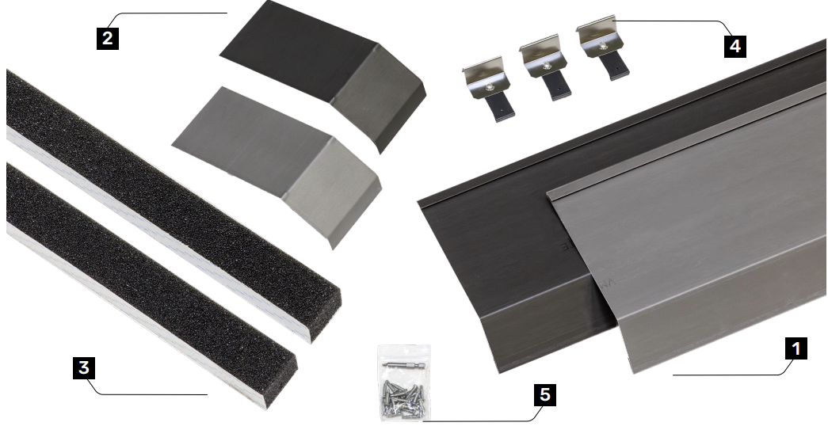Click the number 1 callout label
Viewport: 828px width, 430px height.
tap(796, 348)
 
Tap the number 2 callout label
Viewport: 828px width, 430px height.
tap(108, 38)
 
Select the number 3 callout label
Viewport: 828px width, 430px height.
tap(84, 367)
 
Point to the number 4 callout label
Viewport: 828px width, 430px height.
tap(735, 46)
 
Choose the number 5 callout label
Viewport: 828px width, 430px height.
tap(545, 394)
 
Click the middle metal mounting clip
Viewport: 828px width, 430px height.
tap(547, 67)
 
